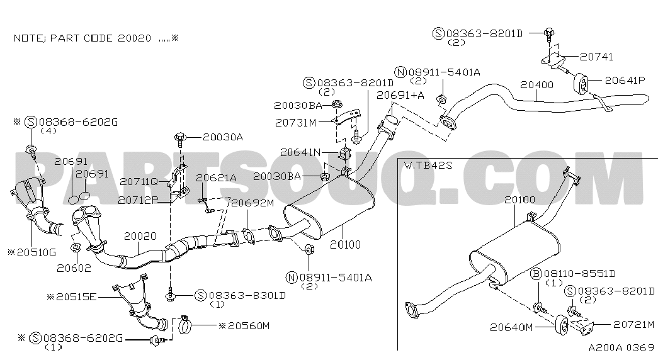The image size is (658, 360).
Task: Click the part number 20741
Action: coord(597,57)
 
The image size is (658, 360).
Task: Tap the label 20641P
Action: coord(625,80)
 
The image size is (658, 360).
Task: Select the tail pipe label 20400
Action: coord(536,85)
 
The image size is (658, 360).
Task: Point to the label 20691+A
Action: coord(400,95)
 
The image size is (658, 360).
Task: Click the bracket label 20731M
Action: coord(296,123)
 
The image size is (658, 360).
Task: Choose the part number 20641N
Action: coord(300,152)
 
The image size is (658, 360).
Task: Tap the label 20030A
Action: coord(223,137)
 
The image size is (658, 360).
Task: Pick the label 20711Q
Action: coord(139,182)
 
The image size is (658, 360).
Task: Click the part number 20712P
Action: coord(138,201)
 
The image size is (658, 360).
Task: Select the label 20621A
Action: coord(216,178)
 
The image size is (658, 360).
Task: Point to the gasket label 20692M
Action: coord(252,203)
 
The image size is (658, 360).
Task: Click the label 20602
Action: coord(74,268)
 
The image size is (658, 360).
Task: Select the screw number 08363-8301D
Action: coord(247,296)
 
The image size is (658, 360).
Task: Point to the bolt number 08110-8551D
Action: coord(579,274)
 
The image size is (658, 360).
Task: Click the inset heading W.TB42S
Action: coord(428,165)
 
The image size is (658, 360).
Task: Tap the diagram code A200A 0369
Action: coord(621,348)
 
